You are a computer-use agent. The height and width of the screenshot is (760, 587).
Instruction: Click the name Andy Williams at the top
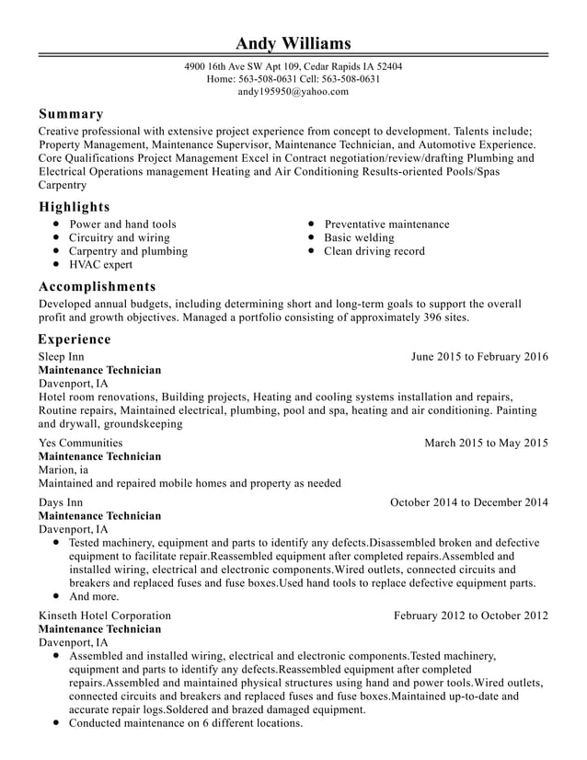click(x=293, y=43)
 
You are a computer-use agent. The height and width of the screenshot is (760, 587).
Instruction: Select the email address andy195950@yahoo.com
click(x=293, y=92)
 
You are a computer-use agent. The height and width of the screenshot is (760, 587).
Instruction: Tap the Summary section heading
click(x=71, y=114)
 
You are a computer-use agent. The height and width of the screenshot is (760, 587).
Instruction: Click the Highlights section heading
click(x=74, y=206)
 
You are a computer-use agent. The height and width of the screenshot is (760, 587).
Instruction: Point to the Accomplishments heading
click(x=97, y=286)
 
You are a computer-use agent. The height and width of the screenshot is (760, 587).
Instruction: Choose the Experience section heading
click(x=75, y=339)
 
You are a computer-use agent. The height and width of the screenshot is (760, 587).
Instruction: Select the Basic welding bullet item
click(x=359, y=237)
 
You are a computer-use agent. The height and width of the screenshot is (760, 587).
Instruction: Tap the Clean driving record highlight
click(x=374, y=251)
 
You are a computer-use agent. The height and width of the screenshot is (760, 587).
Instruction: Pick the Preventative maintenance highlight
click(x=386, y=225)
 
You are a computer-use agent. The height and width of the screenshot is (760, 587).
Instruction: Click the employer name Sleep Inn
click(x=61, y=356)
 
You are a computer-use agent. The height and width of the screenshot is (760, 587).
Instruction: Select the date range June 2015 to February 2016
click(x=479, y=356)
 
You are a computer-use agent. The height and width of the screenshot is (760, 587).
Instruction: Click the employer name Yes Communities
click(x=80, y=443)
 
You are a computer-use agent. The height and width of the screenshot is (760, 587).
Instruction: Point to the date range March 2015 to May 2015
click(x=486, y=443)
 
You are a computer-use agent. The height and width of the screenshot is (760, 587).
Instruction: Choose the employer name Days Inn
click(x=60, y=502)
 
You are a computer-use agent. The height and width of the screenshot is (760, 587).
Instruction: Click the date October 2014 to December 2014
click(x=469, y=502)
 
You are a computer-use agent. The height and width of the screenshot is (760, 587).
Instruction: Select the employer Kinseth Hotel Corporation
click(x=104, y=616)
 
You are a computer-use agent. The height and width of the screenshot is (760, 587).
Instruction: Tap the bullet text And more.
click(x=94, y=596)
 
